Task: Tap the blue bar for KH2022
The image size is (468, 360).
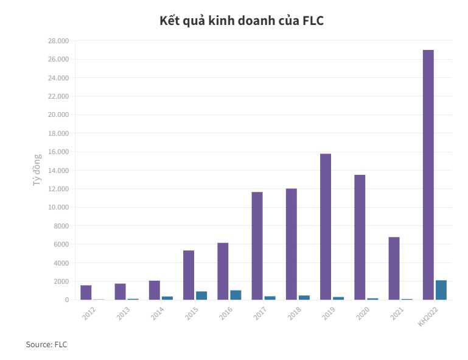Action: coord(441,290)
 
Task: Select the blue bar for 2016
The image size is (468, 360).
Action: coord(236,295)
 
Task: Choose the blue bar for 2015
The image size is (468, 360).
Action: coord(201,295)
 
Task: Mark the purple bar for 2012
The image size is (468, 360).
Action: coord(86,292)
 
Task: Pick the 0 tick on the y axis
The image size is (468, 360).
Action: coord(66,300)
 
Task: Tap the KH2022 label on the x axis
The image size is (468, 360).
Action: coord(428,317)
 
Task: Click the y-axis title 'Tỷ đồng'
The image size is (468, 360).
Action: coord(37,170)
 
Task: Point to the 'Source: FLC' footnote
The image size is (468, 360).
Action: coord(46,345)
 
